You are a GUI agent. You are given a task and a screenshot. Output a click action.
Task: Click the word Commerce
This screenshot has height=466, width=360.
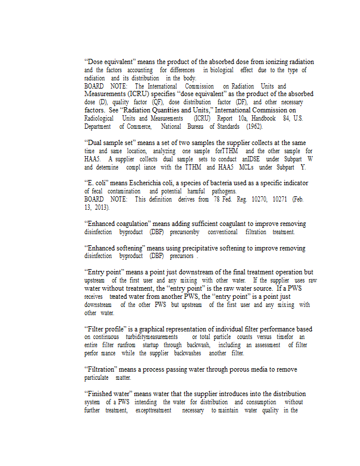click(x=136, y=126)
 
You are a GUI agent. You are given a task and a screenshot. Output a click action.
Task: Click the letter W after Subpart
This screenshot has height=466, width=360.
click(x=310, y=159)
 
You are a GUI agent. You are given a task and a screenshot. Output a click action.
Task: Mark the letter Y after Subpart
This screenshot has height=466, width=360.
click(x=303, y=167)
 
